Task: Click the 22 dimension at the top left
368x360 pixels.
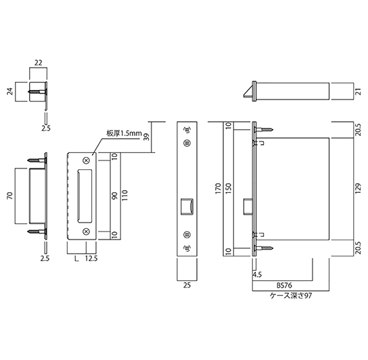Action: pos(39,63)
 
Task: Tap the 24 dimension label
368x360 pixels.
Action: pos(10,92)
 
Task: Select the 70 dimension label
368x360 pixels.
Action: pos(10,196)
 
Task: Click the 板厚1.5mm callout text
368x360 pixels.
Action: pos(124,133)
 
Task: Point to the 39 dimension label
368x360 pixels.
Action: pos(146,137)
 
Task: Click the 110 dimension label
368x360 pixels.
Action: pos(124,196)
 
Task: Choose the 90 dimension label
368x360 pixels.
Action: pos(114,196)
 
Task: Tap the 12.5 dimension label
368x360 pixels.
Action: pos(91,258)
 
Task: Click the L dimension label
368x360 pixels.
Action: pos(76,258)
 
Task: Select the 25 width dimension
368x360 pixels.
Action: pos(187,286)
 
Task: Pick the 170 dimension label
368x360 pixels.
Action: pos(218,189)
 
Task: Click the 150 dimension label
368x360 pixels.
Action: pos(229,189)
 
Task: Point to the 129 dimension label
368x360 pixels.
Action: pos(358,189)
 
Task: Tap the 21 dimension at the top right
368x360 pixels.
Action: pos(358,91)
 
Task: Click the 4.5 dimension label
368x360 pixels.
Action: pos(257,274)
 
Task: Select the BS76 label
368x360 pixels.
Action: pos(284,286)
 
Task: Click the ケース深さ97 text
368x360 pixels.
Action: pos(291,296)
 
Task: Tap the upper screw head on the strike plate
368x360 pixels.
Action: pos(87,160)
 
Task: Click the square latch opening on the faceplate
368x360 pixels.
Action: pos(187,206)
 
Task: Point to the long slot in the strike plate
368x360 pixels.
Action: pos(84,196)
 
